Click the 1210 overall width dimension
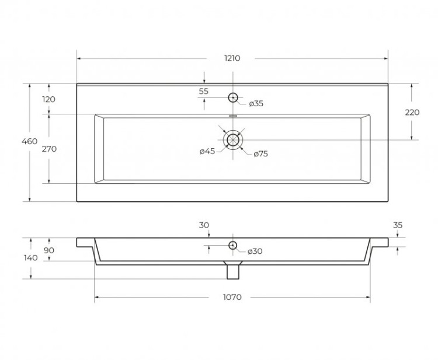pyautogui.click(x=232, y=58)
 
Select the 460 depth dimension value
pyautogui.click(x=30, y=141)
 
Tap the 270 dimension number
pyautogui.click(x=49, y=149)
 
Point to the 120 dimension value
pyautogui.click(x=49, y=99)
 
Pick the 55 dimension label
pyautogui.click(x=203, y=91)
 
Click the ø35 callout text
pyautogui.click(x=256, y=104)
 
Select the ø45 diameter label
pyautogui.click(x=207, y=152)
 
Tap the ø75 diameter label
pyautogui.click(x=260, y=154)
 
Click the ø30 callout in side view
pyautogui.click(x=255, y=251)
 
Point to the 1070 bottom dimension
pyautogui.click(x=232, y=297)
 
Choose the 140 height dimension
pyautogui.click(x=31, y=258)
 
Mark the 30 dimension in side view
pyautogui.click(x=204, y=225)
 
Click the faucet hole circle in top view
pyautogui.click(x=233, y=97)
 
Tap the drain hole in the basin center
pyautogui.click(x=233, y=139)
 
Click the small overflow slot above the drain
pyautogui.click(x=233, y=116)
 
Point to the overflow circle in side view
pyautogui.click(x=232, y=246)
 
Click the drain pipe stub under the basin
pyautogui.click(x=233, y=270)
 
